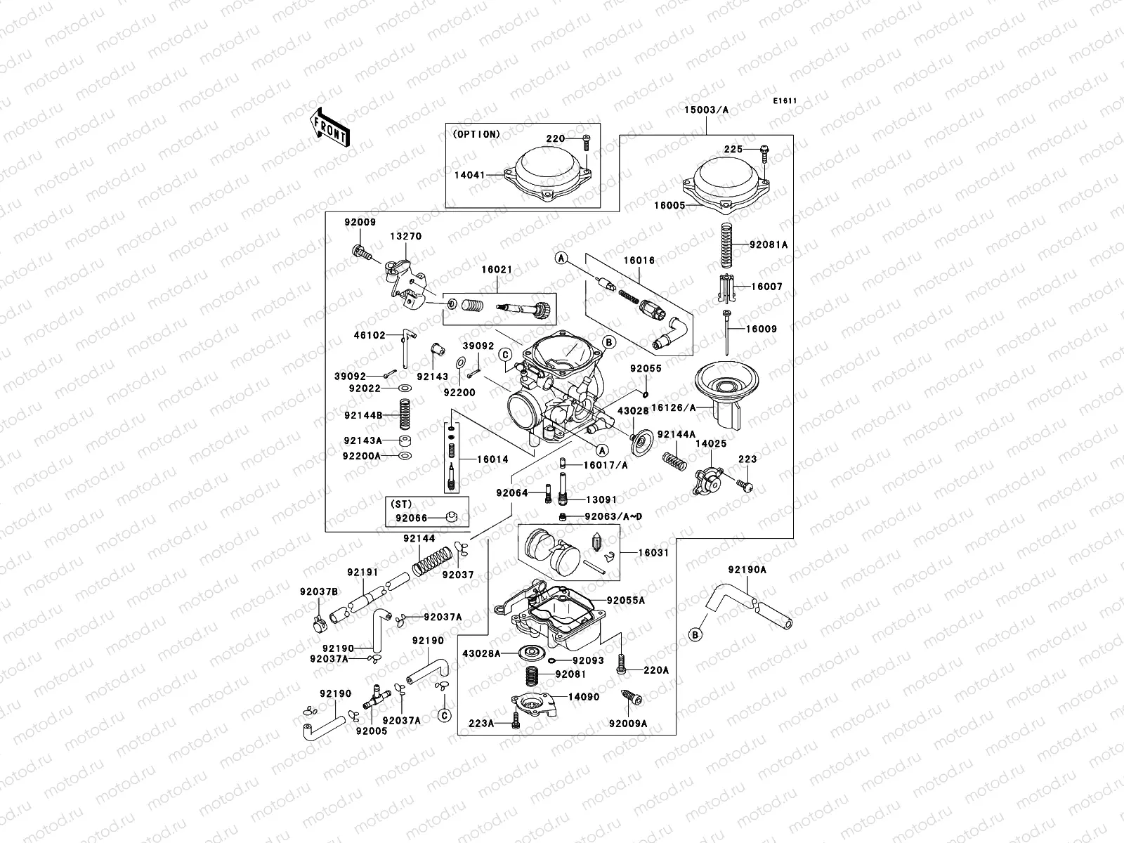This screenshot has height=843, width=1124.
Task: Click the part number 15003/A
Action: click(707, 110)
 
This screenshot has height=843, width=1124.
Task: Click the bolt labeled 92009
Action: click(360, 251)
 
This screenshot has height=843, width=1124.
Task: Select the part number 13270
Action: click(407, 236)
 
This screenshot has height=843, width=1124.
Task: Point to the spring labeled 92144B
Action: click(405, 414)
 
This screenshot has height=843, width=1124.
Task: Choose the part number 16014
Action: click(492, 459)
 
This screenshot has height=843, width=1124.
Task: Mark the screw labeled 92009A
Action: click(629, 698)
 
